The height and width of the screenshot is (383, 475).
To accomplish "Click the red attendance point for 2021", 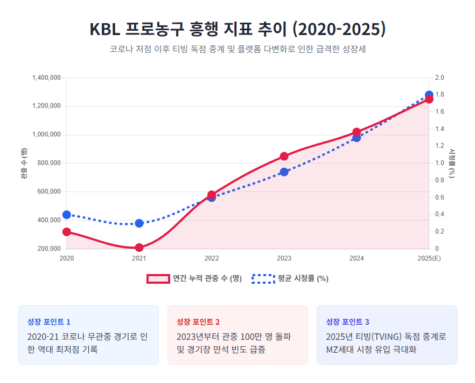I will click(x=139, y=248).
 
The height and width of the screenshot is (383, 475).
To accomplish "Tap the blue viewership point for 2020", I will click(x=67, y=215).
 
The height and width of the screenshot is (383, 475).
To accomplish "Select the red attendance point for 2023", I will click(x=284, y=156).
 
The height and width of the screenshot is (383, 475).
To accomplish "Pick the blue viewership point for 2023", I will click(x=284, y=172).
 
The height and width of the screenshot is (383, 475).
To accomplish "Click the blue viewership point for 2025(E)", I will click(x=429, y=95).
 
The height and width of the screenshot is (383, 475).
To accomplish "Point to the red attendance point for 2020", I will click(x=67, y=232).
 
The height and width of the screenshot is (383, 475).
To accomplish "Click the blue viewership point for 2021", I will click(x=139, y=223).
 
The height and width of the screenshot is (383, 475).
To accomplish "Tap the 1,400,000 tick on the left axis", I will click(x=46, y=78).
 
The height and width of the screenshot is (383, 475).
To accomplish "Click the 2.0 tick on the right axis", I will click(x=439, y=78).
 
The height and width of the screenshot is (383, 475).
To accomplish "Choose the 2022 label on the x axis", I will click(x=212, y=259).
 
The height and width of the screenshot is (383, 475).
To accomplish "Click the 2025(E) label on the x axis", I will click(x=429, y=259).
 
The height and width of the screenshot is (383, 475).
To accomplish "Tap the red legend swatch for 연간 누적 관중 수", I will click(x=158, y=279).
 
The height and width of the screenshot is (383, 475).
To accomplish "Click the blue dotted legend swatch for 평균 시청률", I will click(x=263, y=279).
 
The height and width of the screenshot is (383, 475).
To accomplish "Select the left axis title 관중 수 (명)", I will click(x=24, y=163).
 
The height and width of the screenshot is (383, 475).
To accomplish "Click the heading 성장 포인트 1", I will click(x=49, y=322).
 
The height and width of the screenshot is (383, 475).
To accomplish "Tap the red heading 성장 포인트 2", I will click(x=198, y=322).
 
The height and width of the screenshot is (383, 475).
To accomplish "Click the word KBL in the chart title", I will click(x=104, y=29).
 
